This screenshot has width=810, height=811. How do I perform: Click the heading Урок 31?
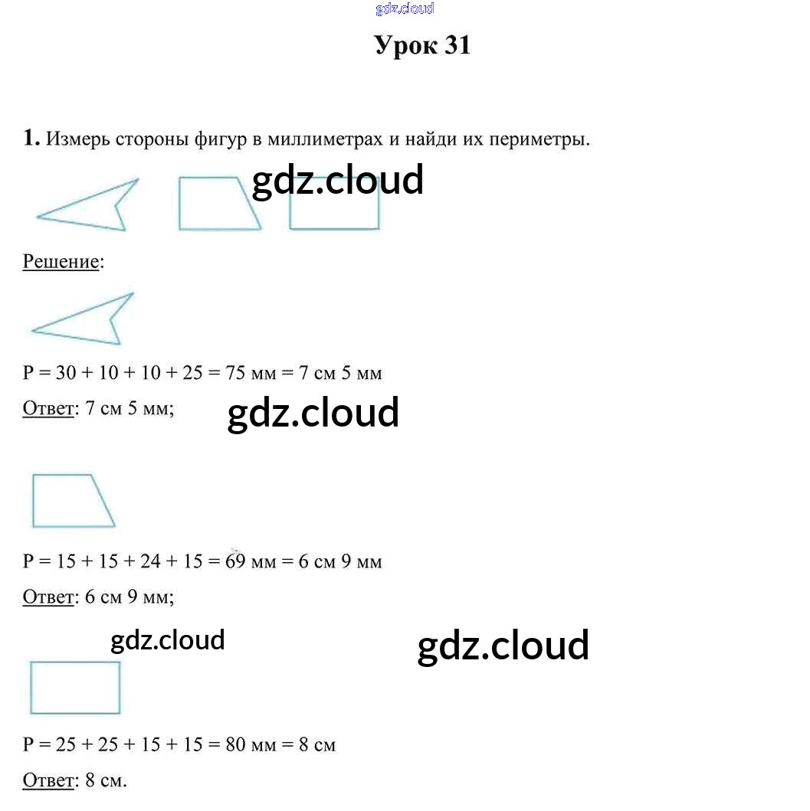pos(422,46)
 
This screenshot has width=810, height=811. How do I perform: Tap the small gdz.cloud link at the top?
pos(405,8)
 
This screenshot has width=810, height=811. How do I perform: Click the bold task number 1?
pos(31,139)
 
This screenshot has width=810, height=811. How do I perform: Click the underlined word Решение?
pos(61,261)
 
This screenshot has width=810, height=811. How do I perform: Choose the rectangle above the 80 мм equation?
pos(75,688)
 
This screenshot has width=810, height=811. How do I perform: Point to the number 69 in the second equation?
pos(234,561)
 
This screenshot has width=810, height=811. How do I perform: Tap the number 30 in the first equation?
pos(64,373)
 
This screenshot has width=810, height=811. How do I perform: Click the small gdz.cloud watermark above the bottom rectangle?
pos(167,640)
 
